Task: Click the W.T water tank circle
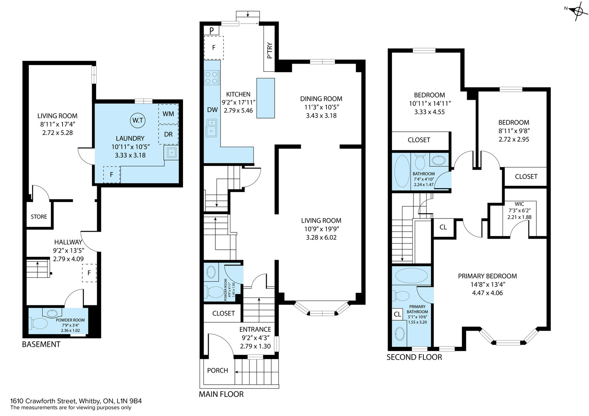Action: pos(138,120)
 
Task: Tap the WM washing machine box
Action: pos(168,114)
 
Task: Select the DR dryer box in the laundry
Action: pos(168,134)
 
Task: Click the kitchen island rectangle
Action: pos(265,98)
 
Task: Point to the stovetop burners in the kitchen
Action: pos(212,78)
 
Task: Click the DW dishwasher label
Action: pos(212,110)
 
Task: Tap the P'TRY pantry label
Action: pos(269,50)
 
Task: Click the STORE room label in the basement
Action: pos(39,217)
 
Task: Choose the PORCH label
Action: pos(218,370)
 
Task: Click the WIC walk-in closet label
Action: pos(519,204)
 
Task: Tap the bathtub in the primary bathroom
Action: pos(412,275)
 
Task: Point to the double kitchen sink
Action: pos(211,128)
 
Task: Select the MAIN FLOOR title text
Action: pos(221,394)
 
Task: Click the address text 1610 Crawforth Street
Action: pos(43,401)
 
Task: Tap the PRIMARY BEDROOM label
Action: pos(487,276)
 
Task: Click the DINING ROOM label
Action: pos(321,99)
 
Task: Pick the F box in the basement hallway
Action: pos(89,273)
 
